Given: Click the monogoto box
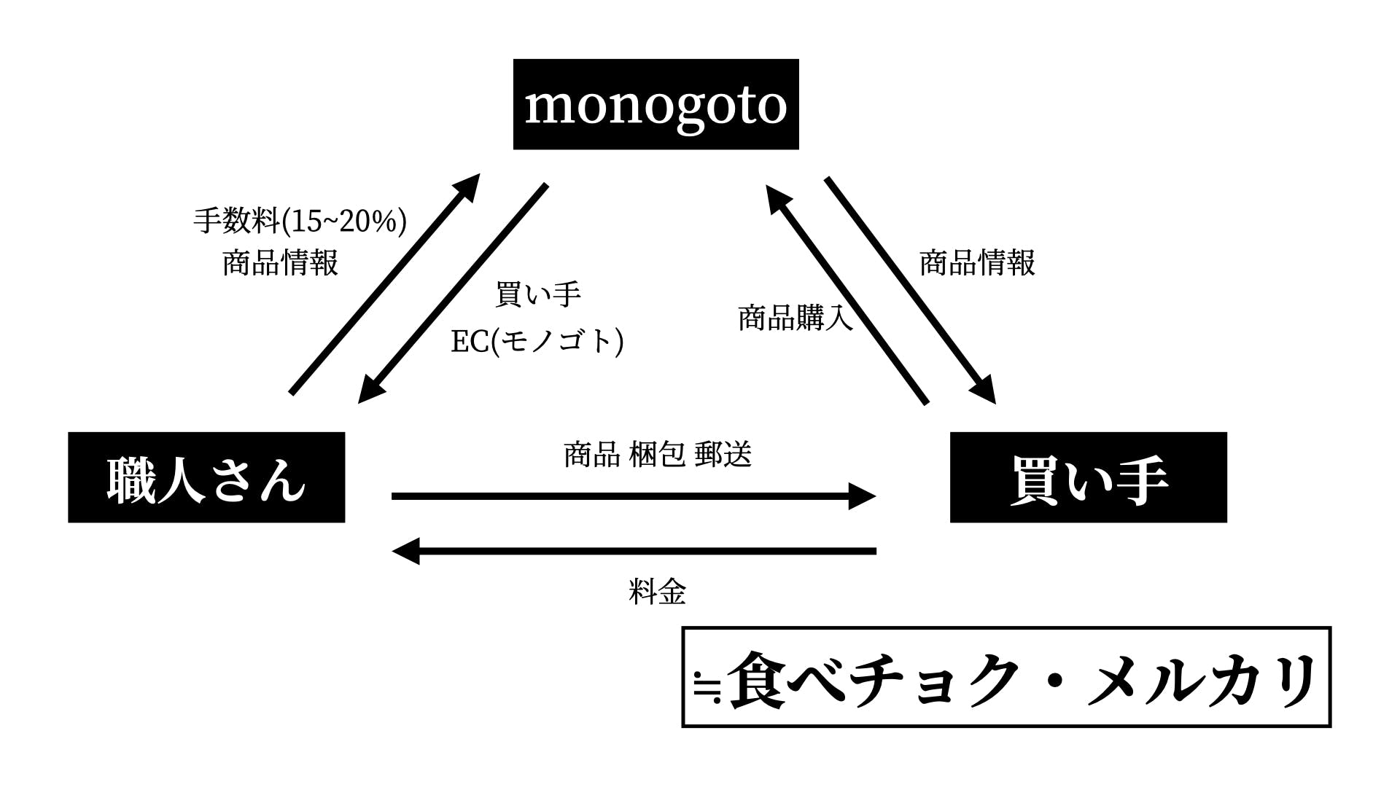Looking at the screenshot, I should tap(656, 104).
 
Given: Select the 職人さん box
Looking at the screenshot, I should tap(206, 477).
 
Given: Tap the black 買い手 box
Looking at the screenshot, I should tap(1088, 477).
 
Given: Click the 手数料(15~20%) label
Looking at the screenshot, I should tap(300, 220).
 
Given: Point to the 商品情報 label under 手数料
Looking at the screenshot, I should tap(280, 262).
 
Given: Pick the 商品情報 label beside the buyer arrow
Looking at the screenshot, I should tap(977, 262).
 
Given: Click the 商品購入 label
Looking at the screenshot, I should tap(795, 318).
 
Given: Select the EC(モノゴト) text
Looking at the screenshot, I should tap(537, 340).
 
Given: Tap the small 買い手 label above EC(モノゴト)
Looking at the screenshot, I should tap(537, 294).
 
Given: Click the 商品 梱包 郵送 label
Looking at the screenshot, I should tap(657, 454).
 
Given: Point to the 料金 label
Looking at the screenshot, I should tap(657, 592).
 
